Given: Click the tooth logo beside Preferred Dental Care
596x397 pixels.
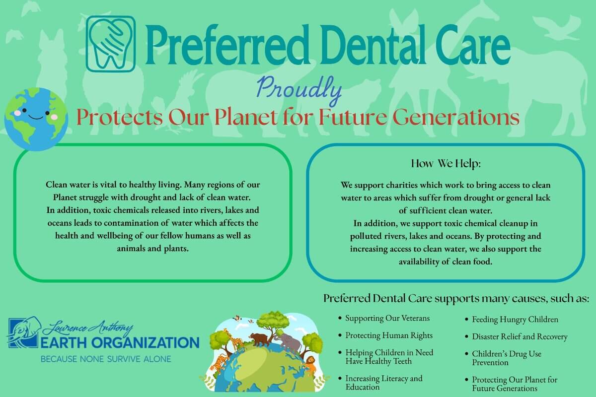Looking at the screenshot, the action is [x=111, y=44].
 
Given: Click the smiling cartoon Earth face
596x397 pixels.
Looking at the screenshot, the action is [x=36, y=119].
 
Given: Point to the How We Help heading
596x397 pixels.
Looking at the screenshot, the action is [x=446, y=163].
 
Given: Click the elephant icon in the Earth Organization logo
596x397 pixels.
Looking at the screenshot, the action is [x=24, y=332].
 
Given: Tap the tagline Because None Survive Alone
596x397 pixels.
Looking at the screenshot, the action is [x=106, y=359].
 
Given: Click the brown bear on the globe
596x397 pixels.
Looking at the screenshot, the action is [x=261, y=339].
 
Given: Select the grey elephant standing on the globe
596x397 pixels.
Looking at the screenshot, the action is [x=288, y=342].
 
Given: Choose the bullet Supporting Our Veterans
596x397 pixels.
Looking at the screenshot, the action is [x=387, y=318].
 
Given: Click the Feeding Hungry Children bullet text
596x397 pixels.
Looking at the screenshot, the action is [x=515, y=320].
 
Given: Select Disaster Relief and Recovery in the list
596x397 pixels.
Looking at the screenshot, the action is [x=520, y=336].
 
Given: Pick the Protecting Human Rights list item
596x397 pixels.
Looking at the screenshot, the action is [x=389, y=335].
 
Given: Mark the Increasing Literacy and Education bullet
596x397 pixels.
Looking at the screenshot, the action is [x=383, y=383].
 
